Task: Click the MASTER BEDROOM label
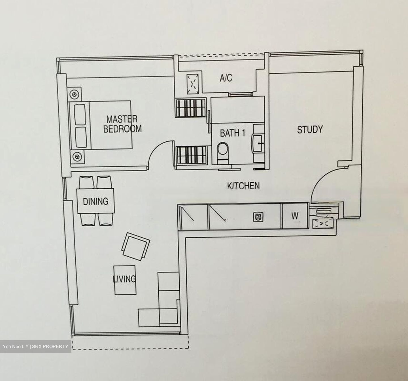pos(122,124)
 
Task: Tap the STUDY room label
pos(310,130)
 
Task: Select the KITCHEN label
pos(243,186)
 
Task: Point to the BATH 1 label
pos(233,133)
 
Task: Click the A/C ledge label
pos(226,78)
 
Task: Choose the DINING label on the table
pos(95,201)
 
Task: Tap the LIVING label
pos(124,279)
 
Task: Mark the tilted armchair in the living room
pos(136,246)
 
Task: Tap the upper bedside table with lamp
pos(75,95)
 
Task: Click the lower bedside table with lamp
pos(77,157)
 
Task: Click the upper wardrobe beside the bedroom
pos(191,108)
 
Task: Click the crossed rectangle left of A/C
pos(192,84)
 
